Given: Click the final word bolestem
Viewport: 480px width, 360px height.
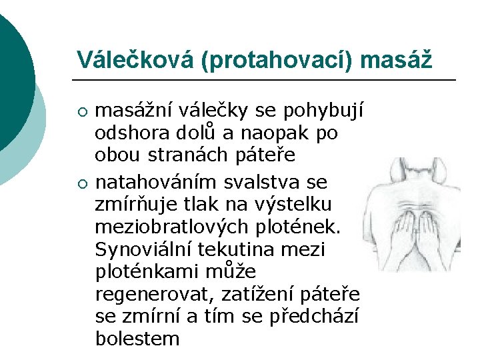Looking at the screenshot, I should [137, 339].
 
